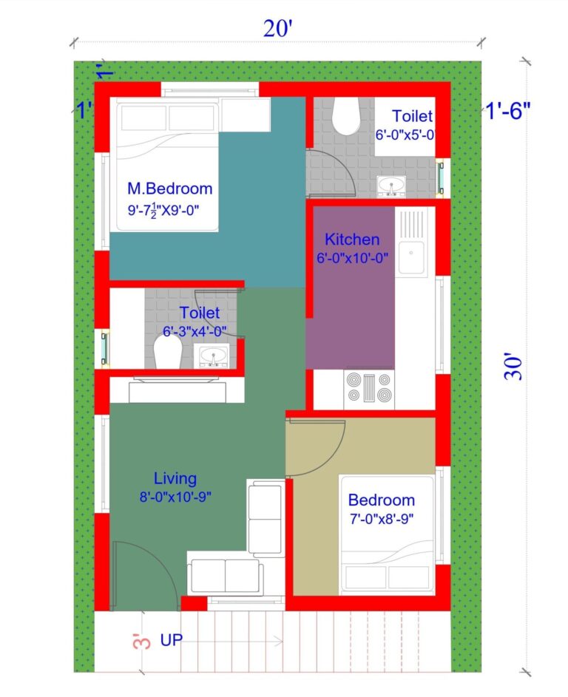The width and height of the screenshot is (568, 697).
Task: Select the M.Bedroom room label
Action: (169, 188)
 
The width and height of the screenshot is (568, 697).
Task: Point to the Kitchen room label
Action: (352, 239)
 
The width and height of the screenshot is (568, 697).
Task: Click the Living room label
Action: (175, 477)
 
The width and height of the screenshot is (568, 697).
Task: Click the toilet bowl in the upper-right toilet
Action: (345, 115)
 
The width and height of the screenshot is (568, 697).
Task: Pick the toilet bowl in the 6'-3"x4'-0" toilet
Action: (165, 353)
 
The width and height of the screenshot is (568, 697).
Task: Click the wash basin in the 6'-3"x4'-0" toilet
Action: (214, 356)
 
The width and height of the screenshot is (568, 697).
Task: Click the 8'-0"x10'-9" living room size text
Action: (175, 497)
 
